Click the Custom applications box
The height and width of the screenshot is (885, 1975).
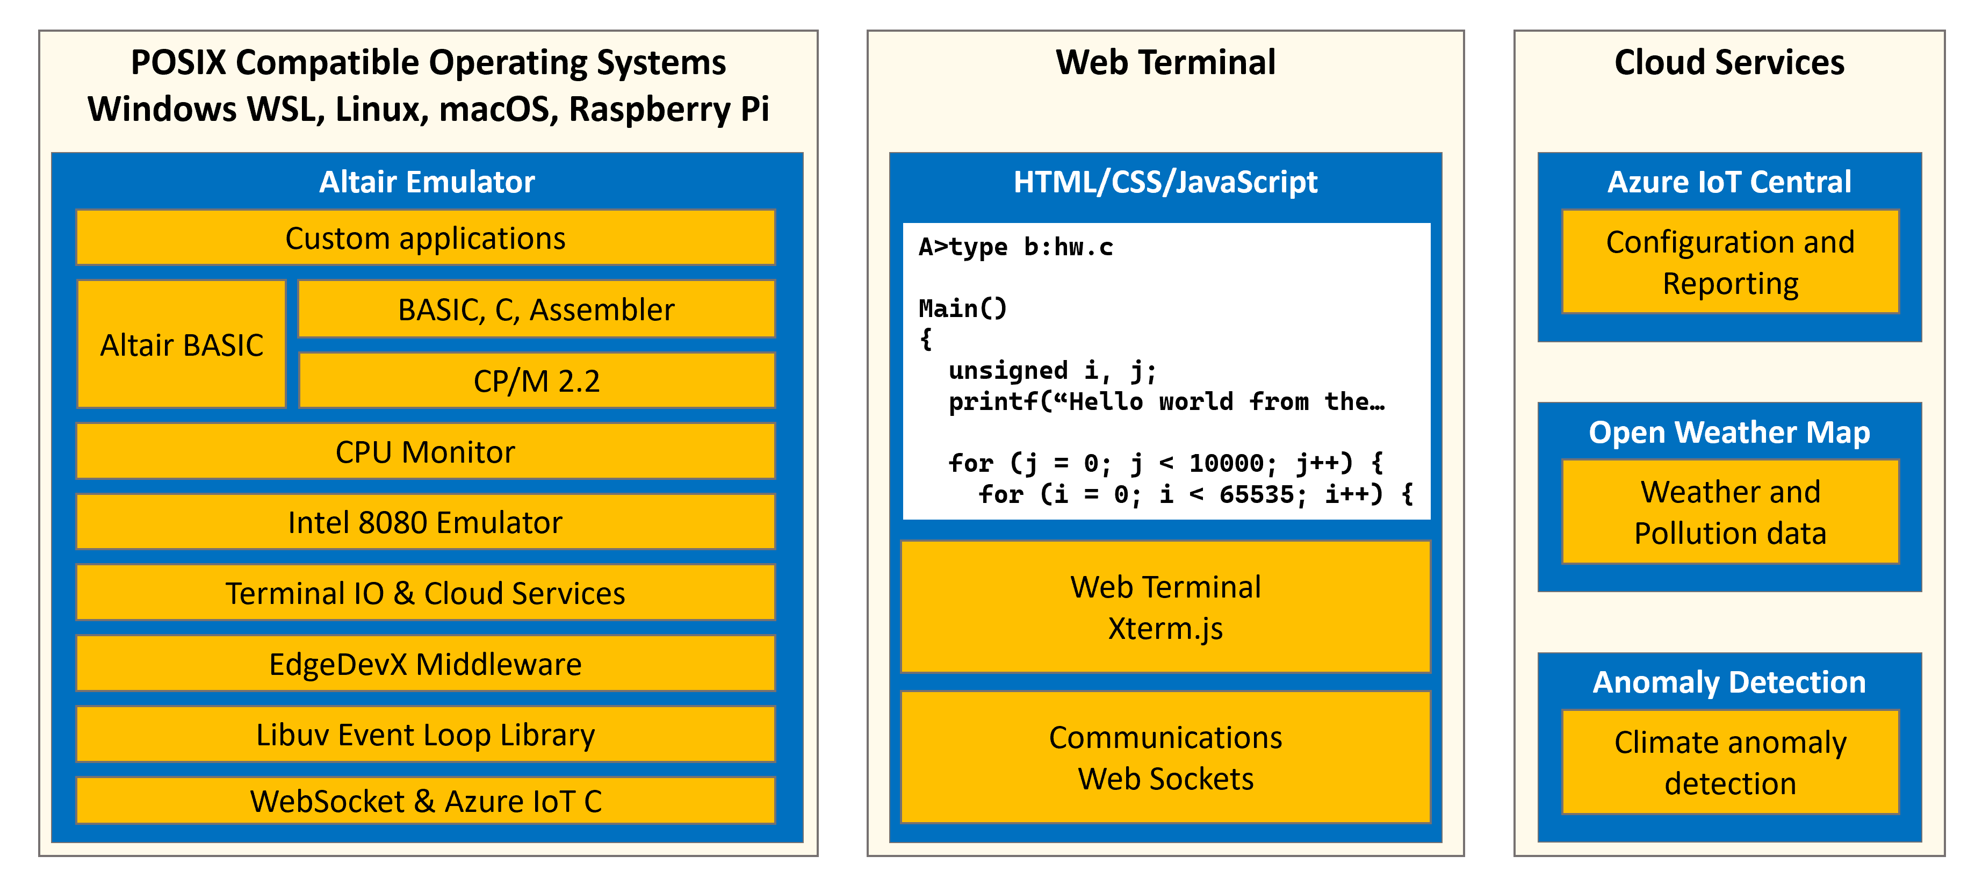(426, 238)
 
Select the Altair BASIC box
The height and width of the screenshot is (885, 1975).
(182, 344)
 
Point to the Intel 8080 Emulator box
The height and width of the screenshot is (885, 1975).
(426, 522)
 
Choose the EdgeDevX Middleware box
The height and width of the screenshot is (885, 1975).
(426, 664)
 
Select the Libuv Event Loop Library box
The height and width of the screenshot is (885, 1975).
(426, 734)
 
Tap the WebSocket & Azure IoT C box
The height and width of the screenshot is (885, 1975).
(426, 801)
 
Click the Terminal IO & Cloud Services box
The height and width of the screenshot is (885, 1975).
(426, 593)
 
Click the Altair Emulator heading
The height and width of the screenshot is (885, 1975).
(427, 182)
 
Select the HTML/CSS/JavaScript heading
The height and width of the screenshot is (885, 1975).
(1165, 182)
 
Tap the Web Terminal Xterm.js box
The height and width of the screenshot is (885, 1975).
(1165, 607)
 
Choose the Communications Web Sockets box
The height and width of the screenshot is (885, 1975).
(1165, 757)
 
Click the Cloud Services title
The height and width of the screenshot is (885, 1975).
(1729, 62)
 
